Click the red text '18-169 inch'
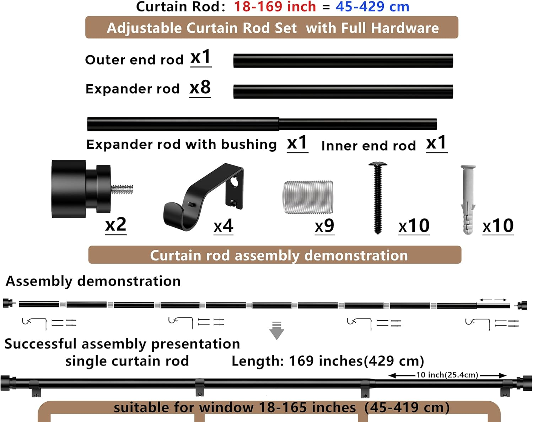pos(274,7)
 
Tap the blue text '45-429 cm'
pos(372,7)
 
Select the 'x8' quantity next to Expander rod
pos(200,88)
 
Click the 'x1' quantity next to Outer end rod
pos(201,57)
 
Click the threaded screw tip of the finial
pos(122,189)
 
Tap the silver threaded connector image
pos(308,197)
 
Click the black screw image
pos(378,197)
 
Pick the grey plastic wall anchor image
pos(468,199)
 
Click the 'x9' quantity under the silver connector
pos(324,226)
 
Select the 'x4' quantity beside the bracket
pos(223,226)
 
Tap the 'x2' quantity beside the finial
pos(116,225)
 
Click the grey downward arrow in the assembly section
pos(276,331)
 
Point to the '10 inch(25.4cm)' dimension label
pos(447,375)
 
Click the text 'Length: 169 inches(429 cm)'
pos(328,361)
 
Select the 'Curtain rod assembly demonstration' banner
pos(275,255)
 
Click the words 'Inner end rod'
pos(368,146)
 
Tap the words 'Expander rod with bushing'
pos(181,144)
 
